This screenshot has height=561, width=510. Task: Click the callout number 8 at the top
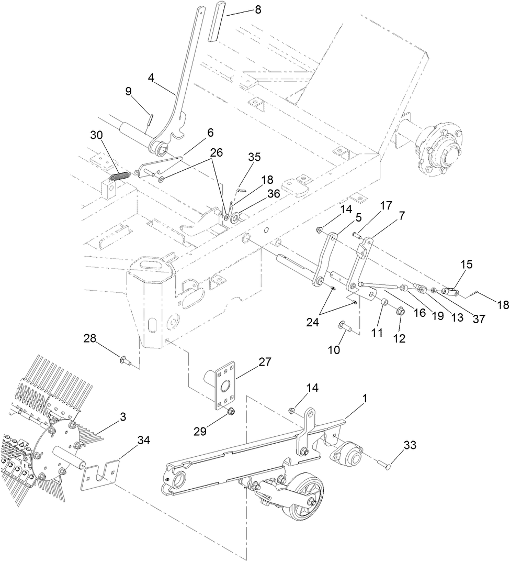(x=256, y=9)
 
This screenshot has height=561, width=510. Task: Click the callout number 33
(x=410, y=445)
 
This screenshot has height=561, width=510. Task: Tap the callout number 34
(x=143, y=441)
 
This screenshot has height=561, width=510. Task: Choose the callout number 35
(x=254, y=157)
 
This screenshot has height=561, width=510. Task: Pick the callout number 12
(x=400, y=339)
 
